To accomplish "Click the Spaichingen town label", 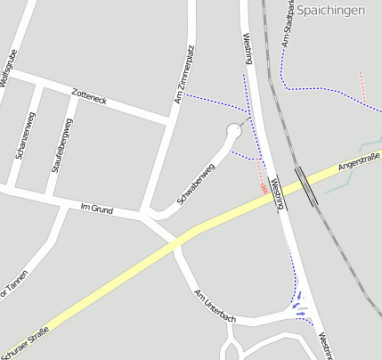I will (x=331, y=10).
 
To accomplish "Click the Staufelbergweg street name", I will (x=62, y=144).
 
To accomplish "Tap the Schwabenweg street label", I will (x=196, y=184).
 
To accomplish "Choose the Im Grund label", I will (x=97, y=208).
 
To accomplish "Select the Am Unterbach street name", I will (x=215, y=305).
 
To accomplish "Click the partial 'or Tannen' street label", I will (x=12, y=285).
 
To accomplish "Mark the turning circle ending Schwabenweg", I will (x=234, y=132).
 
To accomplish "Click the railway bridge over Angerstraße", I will (x=305, y=185).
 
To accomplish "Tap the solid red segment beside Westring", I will (x=264, y=188).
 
